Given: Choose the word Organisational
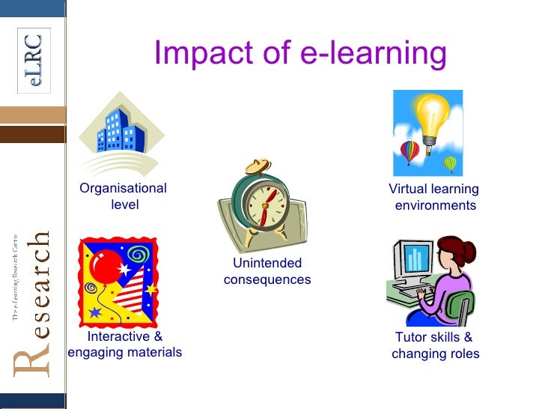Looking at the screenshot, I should [124, 188].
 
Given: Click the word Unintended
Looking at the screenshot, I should [267, 263].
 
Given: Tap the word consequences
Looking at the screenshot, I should [267, 279].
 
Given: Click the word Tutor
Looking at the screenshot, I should [411, 337].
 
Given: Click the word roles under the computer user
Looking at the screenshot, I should [463, 354].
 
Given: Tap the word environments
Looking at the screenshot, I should [435, 205].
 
